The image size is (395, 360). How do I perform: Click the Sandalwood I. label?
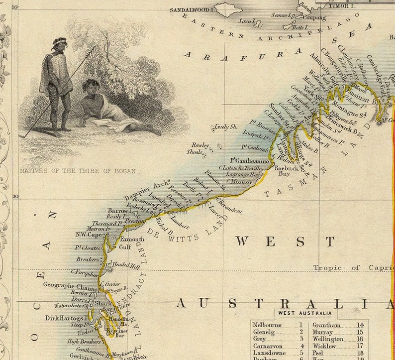[x=191, y=9]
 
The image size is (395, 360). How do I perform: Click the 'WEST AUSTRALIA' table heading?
[x=304, y=313]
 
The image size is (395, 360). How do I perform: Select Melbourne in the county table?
[x=267, y=325]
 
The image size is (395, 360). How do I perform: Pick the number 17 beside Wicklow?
[x=360, y=346]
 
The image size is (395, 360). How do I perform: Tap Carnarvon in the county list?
[x=268, y=346]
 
